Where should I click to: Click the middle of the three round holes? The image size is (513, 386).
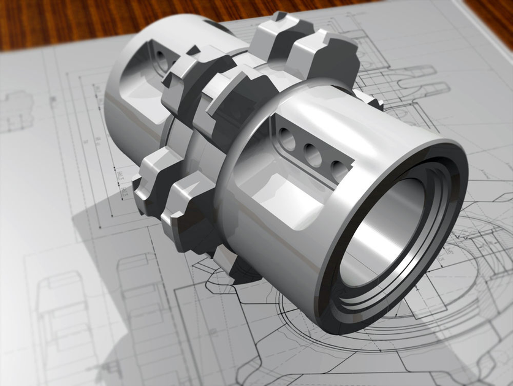click(313, 154)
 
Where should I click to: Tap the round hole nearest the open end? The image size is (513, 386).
click(339, 167)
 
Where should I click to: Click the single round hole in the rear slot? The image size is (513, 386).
click(161, 57)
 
